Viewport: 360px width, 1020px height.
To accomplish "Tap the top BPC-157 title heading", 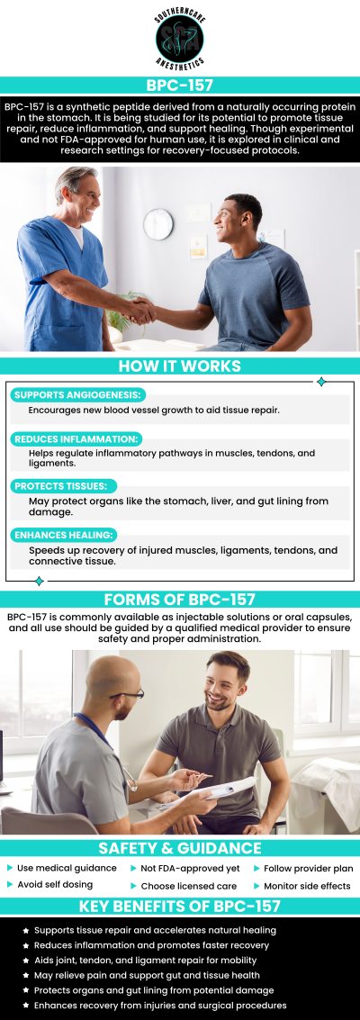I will [180, 85].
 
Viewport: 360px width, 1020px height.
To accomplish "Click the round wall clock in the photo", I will [157, 224].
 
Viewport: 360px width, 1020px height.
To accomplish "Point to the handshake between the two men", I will [140, 310].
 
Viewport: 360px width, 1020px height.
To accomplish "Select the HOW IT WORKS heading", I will [180, 366].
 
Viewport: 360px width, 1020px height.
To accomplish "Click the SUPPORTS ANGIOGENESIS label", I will [77, 395].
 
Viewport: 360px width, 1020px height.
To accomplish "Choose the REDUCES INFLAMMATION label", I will [75, 438].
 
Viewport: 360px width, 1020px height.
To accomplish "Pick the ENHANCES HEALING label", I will [63, 534].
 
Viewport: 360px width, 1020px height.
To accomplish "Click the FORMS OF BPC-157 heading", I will [180, 600].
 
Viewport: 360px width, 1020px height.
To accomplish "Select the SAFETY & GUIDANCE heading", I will [180, 848].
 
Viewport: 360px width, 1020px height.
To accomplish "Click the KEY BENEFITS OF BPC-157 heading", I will [180, 906].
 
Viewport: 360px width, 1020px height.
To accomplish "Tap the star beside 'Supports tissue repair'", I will [25, 929].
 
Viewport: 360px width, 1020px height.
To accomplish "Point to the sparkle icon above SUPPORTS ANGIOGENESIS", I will [321, 382].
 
